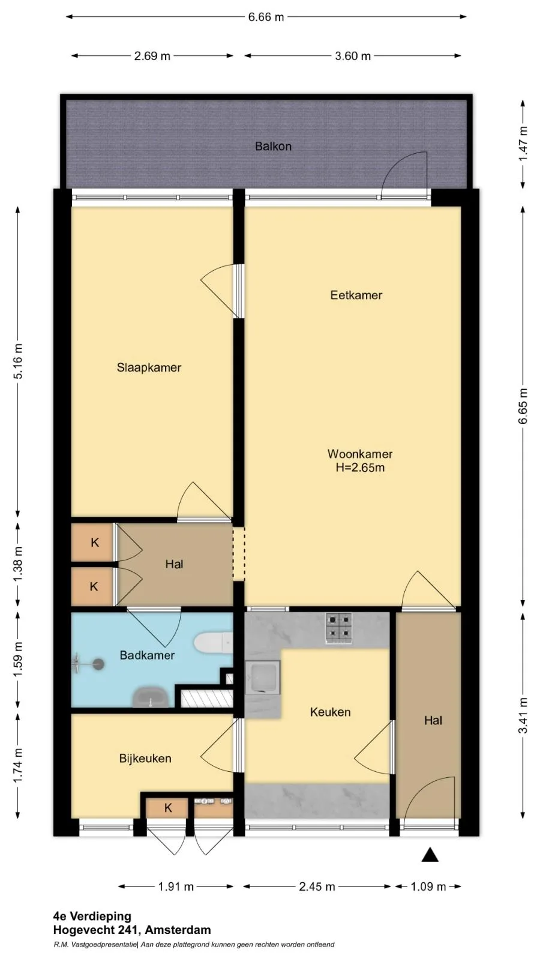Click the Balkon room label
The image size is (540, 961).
[273, 147]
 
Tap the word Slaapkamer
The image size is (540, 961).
[149, 368]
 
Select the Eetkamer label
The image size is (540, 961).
[356, 295]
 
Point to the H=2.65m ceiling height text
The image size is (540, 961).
[360, 468]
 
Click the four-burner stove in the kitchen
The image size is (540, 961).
[339, 628]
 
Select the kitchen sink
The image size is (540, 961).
[262, 678]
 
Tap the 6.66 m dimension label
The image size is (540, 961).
[266, 17]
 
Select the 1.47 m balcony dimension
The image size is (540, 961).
[523, 144]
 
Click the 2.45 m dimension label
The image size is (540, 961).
[317, 887]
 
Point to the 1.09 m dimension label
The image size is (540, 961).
[428, 887]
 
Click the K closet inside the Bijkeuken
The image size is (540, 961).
[167, 808]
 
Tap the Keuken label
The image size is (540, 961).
[331, 712]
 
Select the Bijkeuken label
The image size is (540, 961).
[145, 759]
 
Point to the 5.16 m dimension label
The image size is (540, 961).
[18, 361]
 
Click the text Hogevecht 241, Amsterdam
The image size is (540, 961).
[132, 930]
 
